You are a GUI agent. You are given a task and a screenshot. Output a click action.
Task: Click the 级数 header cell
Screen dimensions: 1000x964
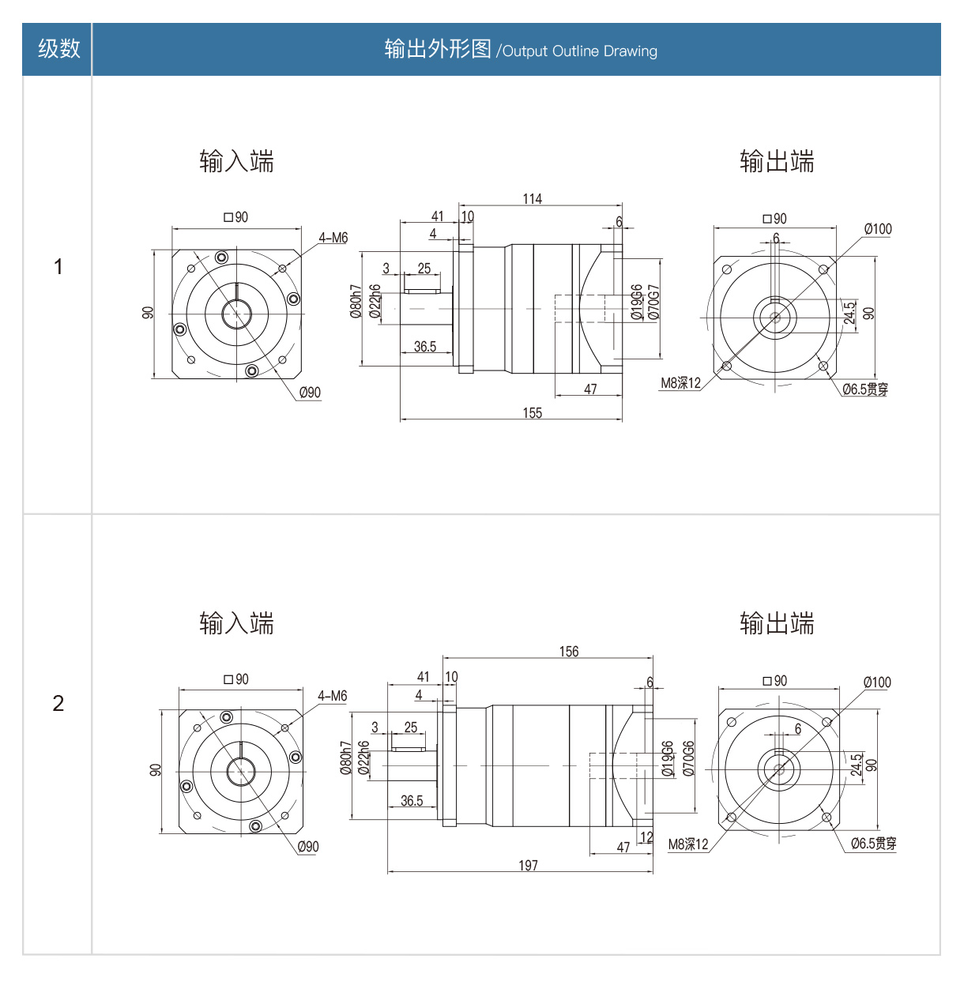click(58, 49)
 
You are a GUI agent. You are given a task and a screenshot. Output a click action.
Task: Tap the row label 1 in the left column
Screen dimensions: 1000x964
click(58, 267)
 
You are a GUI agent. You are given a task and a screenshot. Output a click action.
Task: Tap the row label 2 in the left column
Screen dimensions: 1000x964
click(58, 703)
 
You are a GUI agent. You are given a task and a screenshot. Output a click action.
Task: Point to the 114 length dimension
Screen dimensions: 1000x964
click(532, 199)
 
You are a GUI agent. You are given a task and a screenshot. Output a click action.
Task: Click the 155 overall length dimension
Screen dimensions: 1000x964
click(532, 413)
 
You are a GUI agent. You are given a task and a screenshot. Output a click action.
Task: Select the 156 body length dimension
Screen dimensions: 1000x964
click(568, 652)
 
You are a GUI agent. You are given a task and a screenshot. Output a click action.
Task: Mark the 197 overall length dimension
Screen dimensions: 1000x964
click(528, 866)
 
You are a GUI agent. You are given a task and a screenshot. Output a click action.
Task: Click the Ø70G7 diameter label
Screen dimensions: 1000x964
click(653, 303)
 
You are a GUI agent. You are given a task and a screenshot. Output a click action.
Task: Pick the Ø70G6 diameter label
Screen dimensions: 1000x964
click(688, 758)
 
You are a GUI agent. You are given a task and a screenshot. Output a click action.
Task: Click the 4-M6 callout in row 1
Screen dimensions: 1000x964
click(333, 238)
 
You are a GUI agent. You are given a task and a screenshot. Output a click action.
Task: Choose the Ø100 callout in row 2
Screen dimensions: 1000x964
click(877, 682)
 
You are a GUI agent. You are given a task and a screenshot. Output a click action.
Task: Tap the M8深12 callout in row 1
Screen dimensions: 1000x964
click(680, 383)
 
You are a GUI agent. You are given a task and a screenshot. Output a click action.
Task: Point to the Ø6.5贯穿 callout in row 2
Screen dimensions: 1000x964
click(873, 844)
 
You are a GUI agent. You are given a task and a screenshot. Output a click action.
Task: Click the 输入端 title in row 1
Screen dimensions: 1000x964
click(236, 162)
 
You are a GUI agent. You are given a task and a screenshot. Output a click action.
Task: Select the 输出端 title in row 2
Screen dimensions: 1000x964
click(777, 624)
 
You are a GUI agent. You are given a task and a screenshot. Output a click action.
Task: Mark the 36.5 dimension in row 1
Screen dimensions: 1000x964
click(424, 347)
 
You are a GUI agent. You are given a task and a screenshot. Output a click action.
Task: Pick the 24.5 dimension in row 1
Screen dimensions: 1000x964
click(849, 313)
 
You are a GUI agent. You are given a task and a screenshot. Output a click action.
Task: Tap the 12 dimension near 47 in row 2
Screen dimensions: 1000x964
click(646, 837)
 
